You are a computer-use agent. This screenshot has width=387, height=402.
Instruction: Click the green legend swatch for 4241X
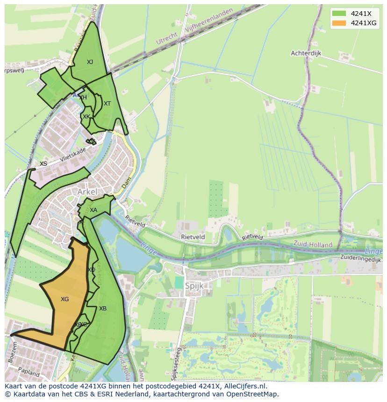(x=339, y=14)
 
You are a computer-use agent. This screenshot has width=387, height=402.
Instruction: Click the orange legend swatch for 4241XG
(x=339, y=23)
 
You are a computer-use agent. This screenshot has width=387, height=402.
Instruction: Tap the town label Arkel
(x=87, y=192)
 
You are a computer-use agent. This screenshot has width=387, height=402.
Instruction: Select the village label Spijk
(x=194, y=286)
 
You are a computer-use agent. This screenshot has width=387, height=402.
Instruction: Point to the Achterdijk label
(x=306, y=53)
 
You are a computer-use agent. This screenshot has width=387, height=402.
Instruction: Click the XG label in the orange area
(x=64, y=299)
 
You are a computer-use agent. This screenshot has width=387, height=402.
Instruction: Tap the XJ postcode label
(x=90, y=62)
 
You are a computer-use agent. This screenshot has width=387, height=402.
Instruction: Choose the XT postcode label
(x=107, y=104)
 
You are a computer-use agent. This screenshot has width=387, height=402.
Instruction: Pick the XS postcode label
(x=43, y=164)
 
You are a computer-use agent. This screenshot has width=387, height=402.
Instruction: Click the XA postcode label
(x=93, y=210)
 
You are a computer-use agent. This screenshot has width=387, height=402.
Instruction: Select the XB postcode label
(x=103, y=309)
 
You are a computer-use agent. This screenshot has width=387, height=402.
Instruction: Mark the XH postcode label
(x=83, y=98)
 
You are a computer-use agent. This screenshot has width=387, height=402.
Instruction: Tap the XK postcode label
(x=86, y=116)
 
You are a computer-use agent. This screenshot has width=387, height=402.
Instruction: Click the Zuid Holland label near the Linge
(x=313, y=244)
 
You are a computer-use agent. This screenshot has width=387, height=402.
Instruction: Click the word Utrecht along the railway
(x=167, y=38)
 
